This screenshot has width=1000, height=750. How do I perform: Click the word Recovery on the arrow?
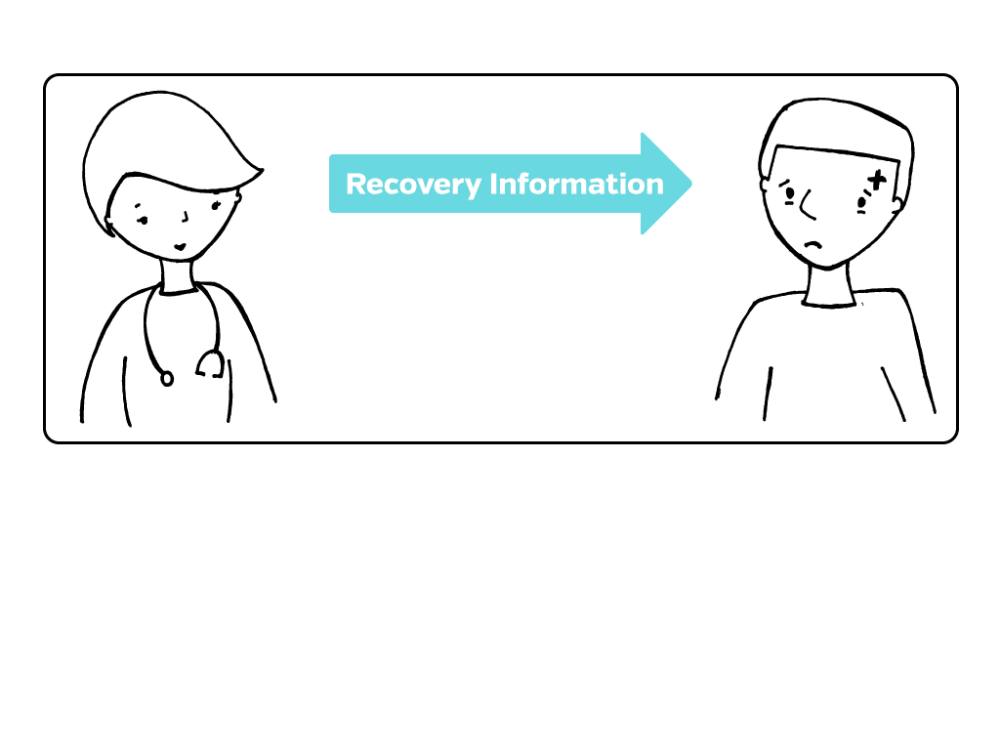[x=414, y=185]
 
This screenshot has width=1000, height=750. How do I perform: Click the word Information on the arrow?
[x=576, y=184]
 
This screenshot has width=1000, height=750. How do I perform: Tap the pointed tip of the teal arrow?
[x=689, y=183]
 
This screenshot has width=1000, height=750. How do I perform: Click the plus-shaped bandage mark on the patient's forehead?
[x=876, y=179]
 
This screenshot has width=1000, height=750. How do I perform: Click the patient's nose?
[x=806, y=206]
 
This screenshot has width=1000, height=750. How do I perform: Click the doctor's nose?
[x=185, y=217]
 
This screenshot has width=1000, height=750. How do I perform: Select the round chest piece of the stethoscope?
[x=167, y=377]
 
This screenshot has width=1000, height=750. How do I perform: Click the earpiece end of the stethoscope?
[x=209, y=365]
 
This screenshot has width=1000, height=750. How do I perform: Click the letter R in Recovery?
[x=355, y=185]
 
